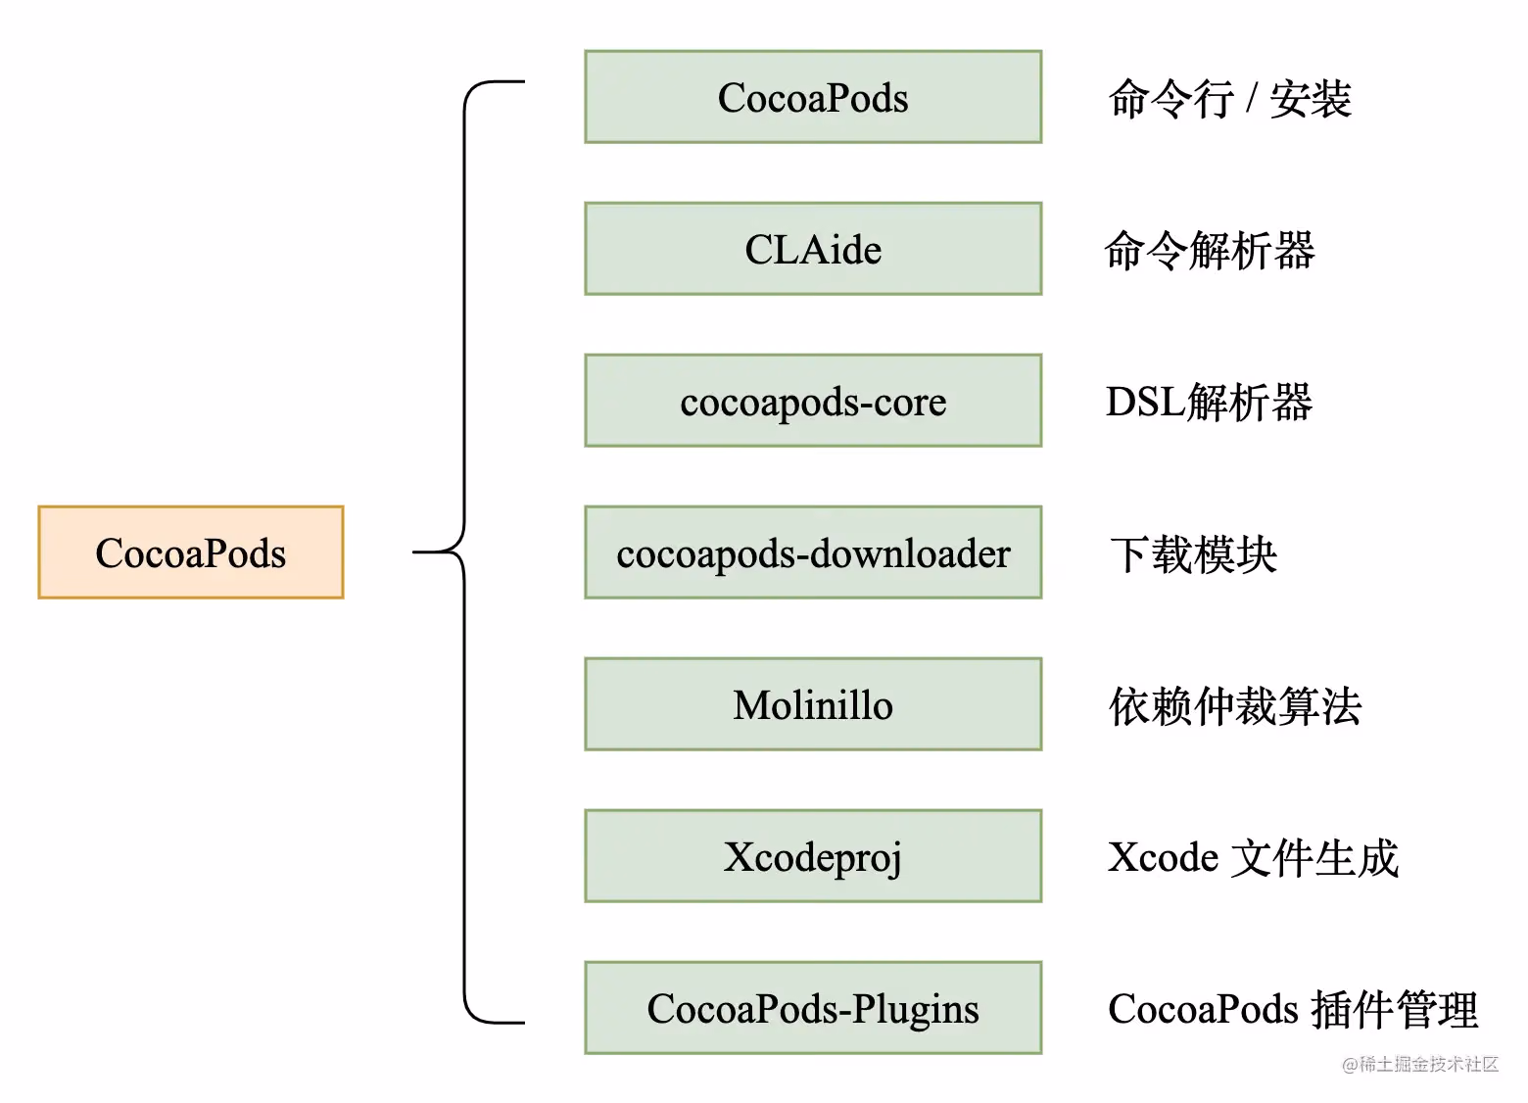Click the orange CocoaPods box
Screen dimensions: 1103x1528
(191, 552)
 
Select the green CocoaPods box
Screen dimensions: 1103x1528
(813, 97)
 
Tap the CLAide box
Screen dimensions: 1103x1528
(813, 249)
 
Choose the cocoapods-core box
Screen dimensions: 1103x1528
(813, 401)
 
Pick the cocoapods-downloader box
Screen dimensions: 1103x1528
(813, 552)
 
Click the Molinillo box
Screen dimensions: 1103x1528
(813, 704)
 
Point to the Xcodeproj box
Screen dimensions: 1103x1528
(813, 856)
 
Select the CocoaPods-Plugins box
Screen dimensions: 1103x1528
(813, 1008)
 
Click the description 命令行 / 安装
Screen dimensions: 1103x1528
(1229, 99)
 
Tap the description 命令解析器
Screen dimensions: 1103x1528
(1210, 251)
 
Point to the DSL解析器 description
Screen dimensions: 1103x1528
(1210, 403)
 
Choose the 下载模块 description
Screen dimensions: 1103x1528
(1194, 554)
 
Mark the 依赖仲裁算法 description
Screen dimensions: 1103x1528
(1235, 706)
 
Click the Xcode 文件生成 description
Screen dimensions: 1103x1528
(1253, 858)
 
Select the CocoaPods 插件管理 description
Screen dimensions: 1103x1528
(1292, 1010)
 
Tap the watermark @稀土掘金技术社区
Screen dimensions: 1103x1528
(1419, 1064)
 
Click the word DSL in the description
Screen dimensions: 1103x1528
(1145, 403)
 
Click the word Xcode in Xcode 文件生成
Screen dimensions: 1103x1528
(1164, 858)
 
